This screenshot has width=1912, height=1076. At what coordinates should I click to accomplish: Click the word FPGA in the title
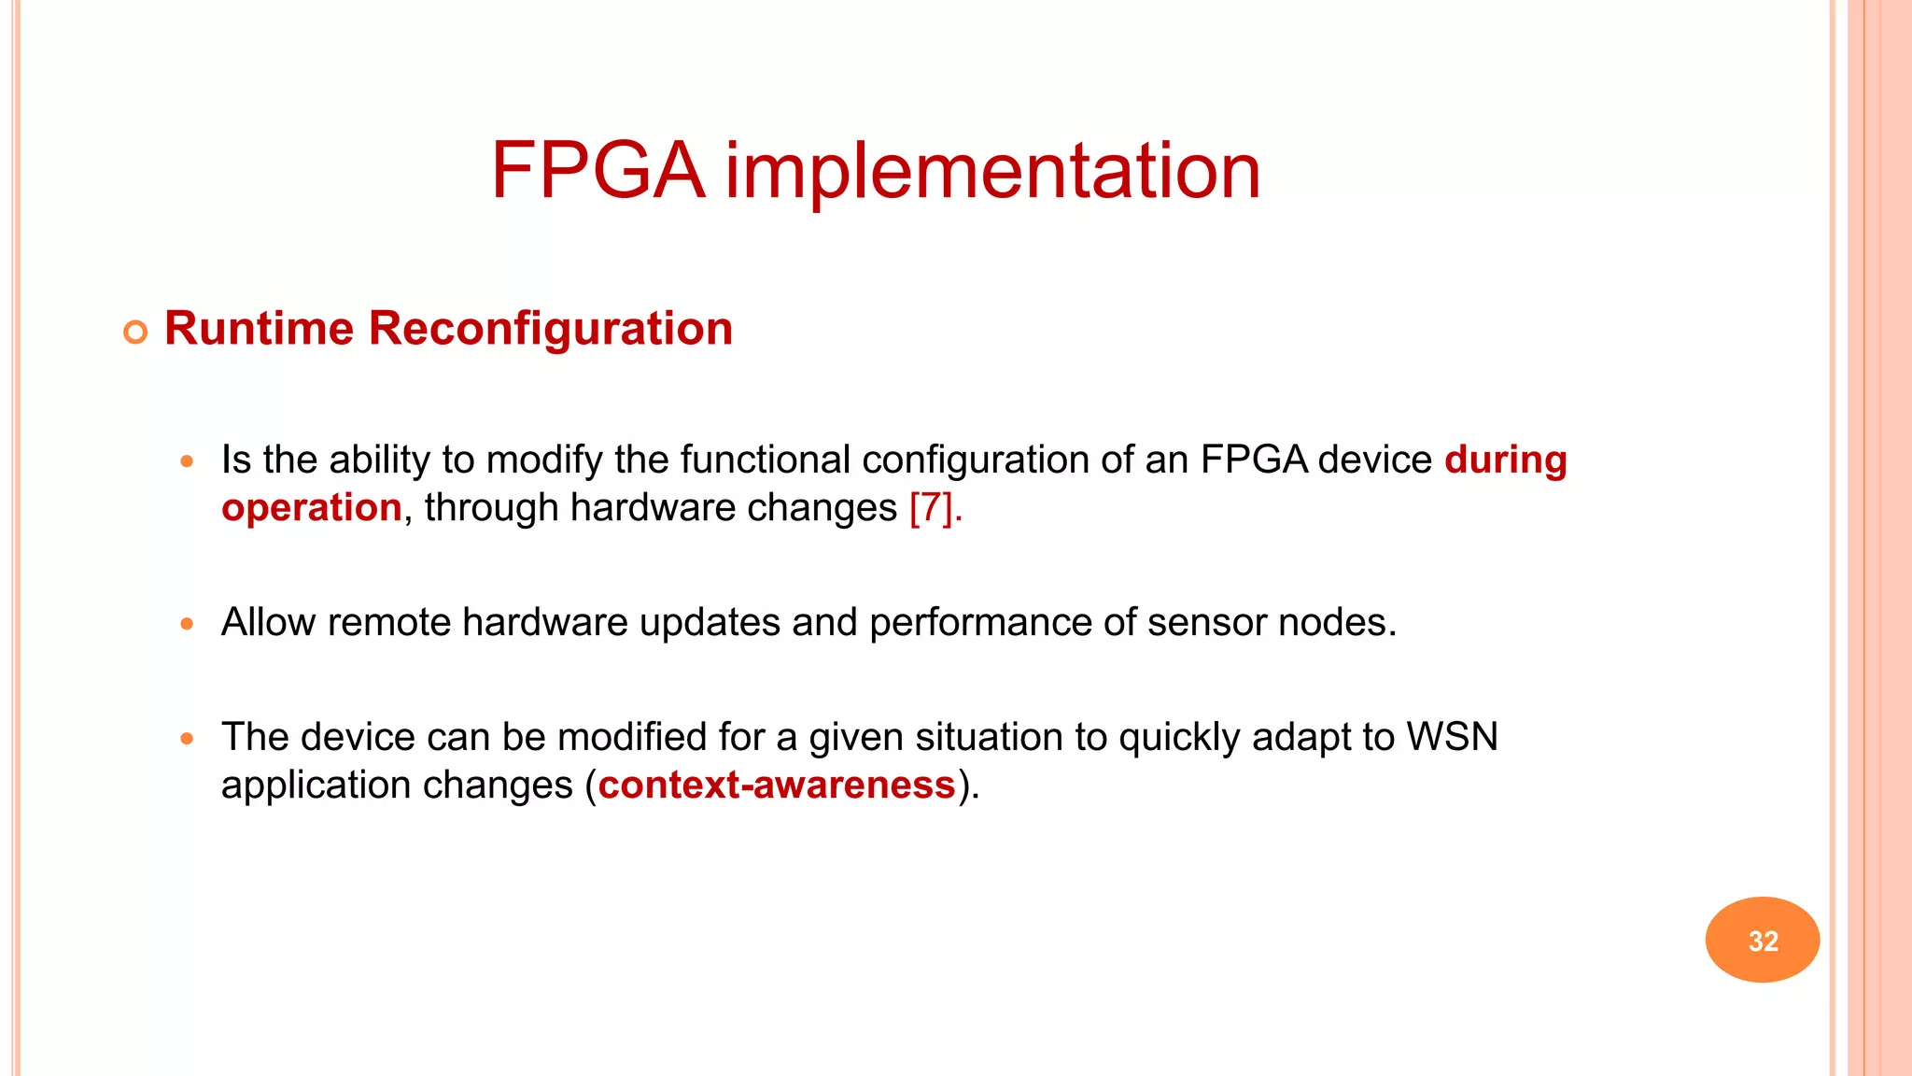pos(597,171)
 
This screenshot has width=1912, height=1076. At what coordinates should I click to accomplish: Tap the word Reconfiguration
pos(551,329)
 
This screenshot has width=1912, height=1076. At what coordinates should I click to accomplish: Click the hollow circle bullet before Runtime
pos(135,332)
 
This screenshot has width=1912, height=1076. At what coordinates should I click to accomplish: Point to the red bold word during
pos(1505,460)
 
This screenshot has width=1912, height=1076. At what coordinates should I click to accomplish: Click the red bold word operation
pos(311,507)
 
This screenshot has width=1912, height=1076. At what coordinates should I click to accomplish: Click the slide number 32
pos(1763,940)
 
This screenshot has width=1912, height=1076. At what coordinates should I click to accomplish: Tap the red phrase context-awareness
pos(777,785)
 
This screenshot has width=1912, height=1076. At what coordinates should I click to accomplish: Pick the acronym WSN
pos(1452,737)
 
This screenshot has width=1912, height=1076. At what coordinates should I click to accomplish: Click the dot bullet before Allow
pos(187,623)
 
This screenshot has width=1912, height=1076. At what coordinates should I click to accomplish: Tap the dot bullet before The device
pos(187,738)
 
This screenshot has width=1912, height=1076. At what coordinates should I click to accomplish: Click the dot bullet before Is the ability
pos(187,460)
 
